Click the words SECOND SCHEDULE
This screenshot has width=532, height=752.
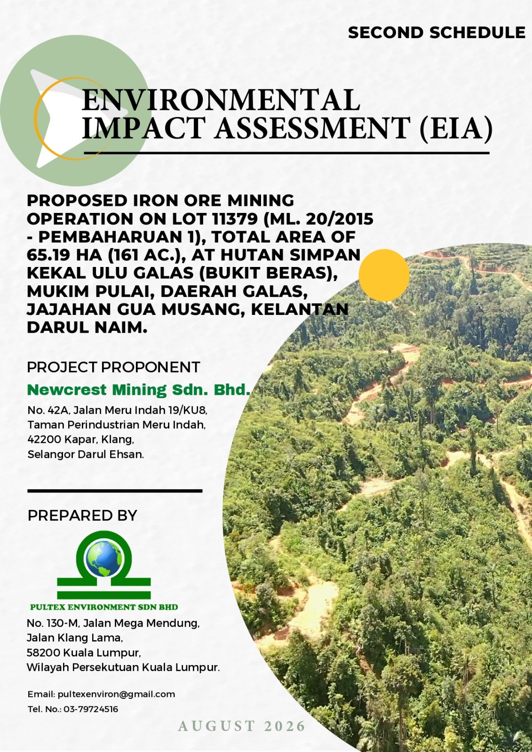[x=437, y=33]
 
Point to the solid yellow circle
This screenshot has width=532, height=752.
[x=384, y=275]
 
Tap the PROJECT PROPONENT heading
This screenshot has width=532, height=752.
[x=113, y=367]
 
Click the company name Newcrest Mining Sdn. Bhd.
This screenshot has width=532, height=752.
[x=139, y=390]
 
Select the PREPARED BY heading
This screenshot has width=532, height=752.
[x=82, y=515]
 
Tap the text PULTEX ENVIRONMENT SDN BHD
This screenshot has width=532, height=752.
[x=104, y=607]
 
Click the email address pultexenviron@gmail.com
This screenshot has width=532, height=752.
[x=116, y=694]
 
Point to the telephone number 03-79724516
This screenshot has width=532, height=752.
[x=91, y=709]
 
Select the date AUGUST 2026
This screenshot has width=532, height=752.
[x=242, y=726]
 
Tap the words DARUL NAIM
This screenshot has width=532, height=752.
[x=87, y=328]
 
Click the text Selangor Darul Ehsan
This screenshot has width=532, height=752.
[x=86, y=454]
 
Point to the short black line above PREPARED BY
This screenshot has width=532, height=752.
[x=115, y=491]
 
